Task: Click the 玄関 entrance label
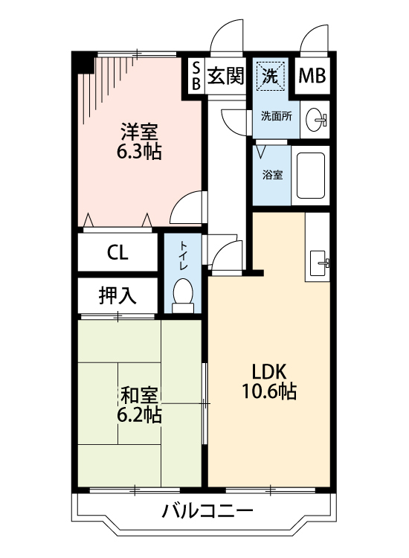point(225,76)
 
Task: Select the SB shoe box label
point(196,76)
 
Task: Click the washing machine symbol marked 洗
point(271,75)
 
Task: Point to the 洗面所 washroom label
point(275,116)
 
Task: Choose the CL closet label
point(117,253)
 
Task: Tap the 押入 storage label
point(117,295)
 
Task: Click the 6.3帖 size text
point(139,153)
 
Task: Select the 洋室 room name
point(139,133)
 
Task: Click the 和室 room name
point(139,395)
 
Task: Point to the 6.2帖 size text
point(139,415)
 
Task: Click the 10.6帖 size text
point(268,391)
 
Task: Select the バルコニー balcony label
point(207,512)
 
